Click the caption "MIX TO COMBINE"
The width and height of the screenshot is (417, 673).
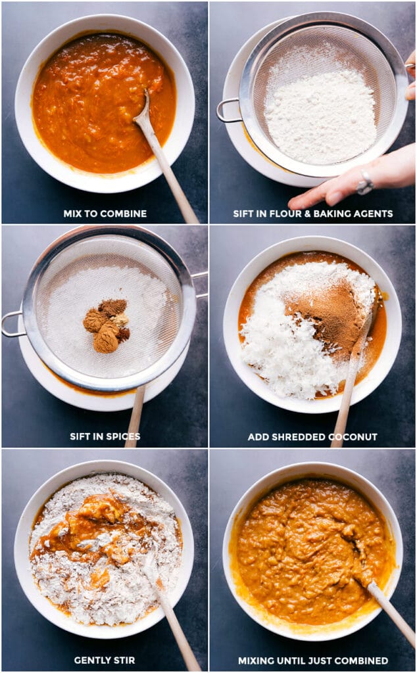pyautogui.click(x=105, y=214)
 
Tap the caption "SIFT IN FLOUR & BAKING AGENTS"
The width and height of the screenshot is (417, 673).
pyautogui.click(x=312, y=214)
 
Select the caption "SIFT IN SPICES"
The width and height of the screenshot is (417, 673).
pyautogui.click(x=105, y=436)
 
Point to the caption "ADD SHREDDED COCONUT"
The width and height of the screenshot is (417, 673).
pyautogui.click(x=312, y=436)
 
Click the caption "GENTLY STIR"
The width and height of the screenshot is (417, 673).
pyautogui.click(x=105, y=661)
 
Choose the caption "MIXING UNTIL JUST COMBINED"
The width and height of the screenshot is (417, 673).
pyautogui.click(x=312, y=661)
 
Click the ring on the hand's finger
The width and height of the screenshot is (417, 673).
pyautogui.click(x=365, y=185)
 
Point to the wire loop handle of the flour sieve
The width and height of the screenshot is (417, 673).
pyautogui.click(x=227, y=110)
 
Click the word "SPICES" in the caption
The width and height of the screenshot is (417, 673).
pyautogui.click(x=123, y=436)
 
